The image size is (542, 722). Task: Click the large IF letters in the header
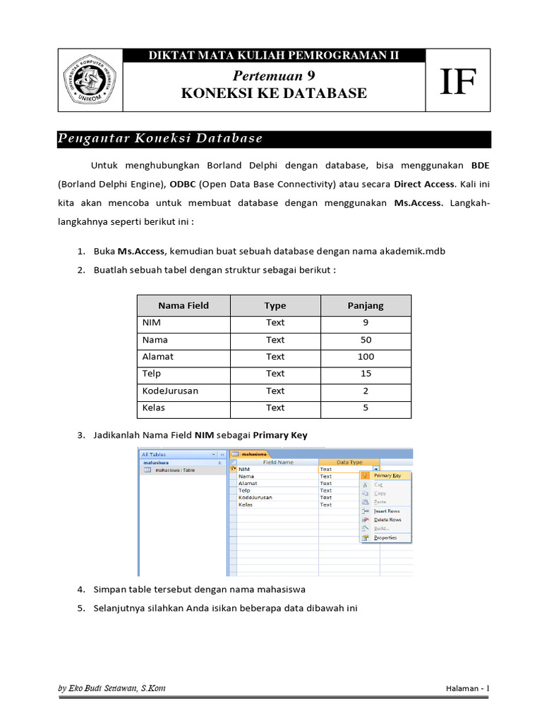(458, 80)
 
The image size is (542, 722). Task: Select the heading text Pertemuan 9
(274, 76)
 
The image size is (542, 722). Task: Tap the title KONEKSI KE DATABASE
(274, 93)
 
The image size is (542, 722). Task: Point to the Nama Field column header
(183, 305)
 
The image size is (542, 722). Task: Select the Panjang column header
(366, 305)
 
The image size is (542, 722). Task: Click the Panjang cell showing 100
(366, 357)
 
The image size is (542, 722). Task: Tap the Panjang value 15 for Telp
(366, 374)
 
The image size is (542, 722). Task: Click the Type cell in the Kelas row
(275, 408)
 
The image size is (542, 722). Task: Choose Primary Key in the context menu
(387, 476)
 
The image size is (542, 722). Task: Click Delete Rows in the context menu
(387, 520)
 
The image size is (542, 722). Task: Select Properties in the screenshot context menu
(385, 537)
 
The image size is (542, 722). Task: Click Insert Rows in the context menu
(387, 510)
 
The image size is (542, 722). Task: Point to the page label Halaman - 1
(467, 688)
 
